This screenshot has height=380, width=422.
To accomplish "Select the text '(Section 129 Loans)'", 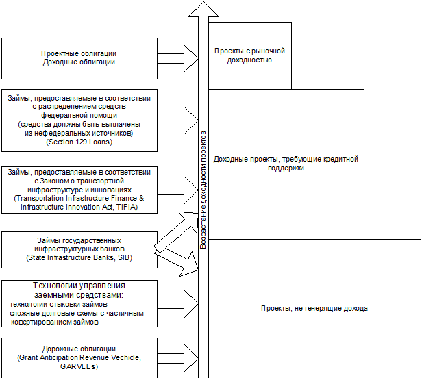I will (x=79, y=142).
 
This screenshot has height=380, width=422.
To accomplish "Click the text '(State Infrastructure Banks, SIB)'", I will (x=79, y=257).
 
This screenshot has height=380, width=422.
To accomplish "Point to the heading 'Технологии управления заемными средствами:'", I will (x=79, y=290).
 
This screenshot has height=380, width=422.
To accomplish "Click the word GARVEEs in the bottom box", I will (x=79, y=367).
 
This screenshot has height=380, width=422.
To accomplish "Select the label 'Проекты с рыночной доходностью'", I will (x=249, y=55).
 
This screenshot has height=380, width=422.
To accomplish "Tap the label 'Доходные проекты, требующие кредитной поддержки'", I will (x=286, y=164).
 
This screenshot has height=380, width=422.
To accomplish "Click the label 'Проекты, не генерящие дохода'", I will (x=314, y=308).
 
